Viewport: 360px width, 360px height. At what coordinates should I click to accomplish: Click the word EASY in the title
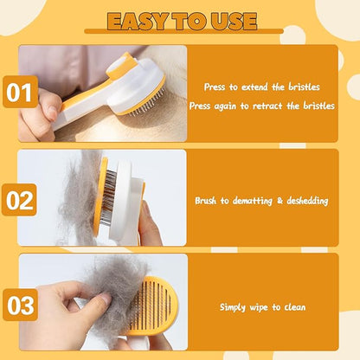click(x=138, y=22)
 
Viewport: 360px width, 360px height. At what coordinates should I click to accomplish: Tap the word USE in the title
click(x=234, y=22)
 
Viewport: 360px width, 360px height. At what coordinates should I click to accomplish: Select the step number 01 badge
click(x=20, y=92)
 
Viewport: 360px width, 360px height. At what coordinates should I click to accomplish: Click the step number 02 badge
click(x=19, y=200)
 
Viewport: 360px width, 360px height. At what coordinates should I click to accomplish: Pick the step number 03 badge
click(x=20, y=305)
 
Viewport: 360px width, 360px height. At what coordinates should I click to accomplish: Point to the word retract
click(x=267, y=106)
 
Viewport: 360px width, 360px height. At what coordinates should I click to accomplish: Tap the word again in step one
click(x=225, y=106)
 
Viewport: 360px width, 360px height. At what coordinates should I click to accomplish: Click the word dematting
click(x=253, y=201)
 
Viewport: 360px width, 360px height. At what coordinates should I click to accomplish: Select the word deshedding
click(x=307, y=201)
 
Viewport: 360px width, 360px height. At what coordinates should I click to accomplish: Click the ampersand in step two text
click(x=280, y=201)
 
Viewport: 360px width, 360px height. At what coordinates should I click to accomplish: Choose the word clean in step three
click(x=295, y=307)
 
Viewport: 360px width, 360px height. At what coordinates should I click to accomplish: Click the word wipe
click(x=259, y=307)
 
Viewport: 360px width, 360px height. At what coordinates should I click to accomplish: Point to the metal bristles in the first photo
click(x=146, y=105)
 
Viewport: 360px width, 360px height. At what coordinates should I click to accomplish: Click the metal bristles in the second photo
click(x=108, y=194)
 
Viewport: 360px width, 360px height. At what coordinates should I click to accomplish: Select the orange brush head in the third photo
click(x=153, y=305)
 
